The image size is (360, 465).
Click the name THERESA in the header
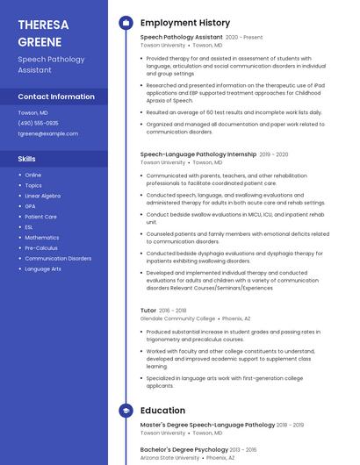click(x=42, y=25)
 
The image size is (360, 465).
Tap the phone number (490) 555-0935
click(x=38, y=123)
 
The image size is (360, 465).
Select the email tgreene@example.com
click(x=47, y=133)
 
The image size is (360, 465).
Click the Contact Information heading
click(x=56, y=97)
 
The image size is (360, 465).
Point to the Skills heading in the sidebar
click(x=26, y=159)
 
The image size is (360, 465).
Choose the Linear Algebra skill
click(x=42, y=196)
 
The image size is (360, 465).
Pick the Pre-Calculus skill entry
click(x=41, y=248)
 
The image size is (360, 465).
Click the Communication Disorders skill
click(x=57, y=259)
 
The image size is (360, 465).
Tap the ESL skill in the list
click(x=29, y=227)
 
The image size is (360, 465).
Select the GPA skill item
click(x=30, y=206)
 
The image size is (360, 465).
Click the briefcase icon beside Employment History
click(x=126, y=23)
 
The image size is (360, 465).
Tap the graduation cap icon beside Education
click(x=126, y=410)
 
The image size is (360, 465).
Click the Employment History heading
click(x=184, y=23)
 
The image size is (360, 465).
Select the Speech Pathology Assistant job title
click(x=181, y=38)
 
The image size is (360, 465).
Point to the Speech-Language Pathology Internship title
click(x=198, y=154)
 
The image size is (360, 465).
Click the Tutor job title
click(x=148, y=311)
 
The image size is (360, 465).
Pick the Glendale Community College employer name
click(x=177, y=318)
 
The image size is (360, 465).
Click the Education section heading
click(x=162, y=410)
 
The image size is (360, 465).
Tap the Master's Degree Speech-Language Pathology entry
click(x=207, y=425)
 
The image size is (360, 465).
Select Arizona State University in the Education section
click(x=169, y=457)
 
